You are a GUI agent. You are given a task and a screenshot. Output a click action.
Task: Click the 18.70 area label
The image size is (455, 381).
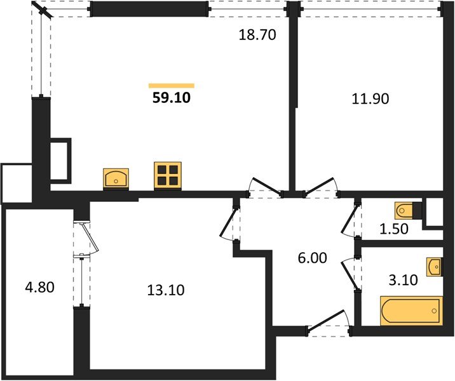coord(257,35)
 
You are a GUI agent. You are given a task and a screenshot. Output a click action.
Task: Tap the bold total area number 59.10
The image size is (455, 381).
coord(172,98)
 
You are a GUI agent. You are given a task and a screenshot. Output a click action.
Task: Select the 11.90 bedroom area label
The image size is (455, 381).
coord(370,98)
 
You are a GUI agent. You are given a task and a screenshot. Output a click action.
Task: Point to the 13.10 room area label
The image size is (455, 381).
coord(166,290)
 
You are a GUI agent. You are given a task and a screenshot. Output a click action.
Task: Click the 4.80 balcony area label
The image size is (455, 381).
coord(40,288)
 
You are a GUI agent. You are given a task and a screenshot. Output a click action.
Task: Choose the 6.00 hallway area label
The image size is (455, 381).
coord(312,258)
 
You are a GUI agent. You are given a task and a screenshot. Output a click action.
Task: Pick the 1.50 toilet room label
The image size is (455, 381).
coord(394,229)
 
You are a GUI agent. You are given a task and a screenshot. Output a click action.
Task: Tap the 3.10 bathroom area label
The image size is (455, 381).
coord(403,280)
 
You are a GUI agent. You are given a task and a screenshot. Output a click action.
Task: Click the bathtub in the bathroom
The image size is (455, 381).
coord(411,311)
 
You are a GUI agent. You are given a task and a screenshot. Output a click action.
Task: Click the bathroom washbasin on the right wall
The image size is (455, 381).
coord(435,267)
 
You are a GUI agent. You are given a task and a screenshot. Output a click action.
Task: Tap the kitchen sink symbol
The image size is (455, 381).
coord(116,178)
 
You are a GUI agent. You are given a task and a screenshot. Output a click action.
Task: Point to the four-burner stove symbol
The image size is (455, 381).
coord(168,175)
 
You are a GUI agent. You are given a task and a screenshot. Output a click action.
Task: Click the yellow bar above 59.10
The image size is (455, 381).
coord(172,86)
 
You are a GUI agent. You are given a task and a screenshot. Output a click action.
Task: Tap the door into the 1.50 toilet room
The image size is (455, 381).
coord(350,219)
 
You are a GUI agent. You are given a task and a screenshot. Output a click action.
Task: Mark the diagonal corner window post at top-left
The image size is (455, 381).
coord(43,10)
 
